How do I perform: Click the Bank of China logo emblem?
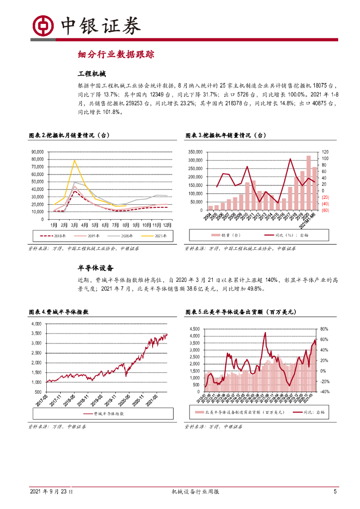tap(43, 24)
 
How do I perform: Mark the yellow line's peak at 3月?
tap(75, 160)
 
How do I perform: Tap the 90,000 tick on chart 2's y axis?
tap(38, 152)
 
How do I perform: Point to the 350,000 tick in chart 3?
tap(194, 152)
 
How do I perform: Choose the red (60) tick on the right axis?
tap(325, 210)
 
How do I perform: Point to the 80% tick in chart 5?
tap(324, 329)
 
